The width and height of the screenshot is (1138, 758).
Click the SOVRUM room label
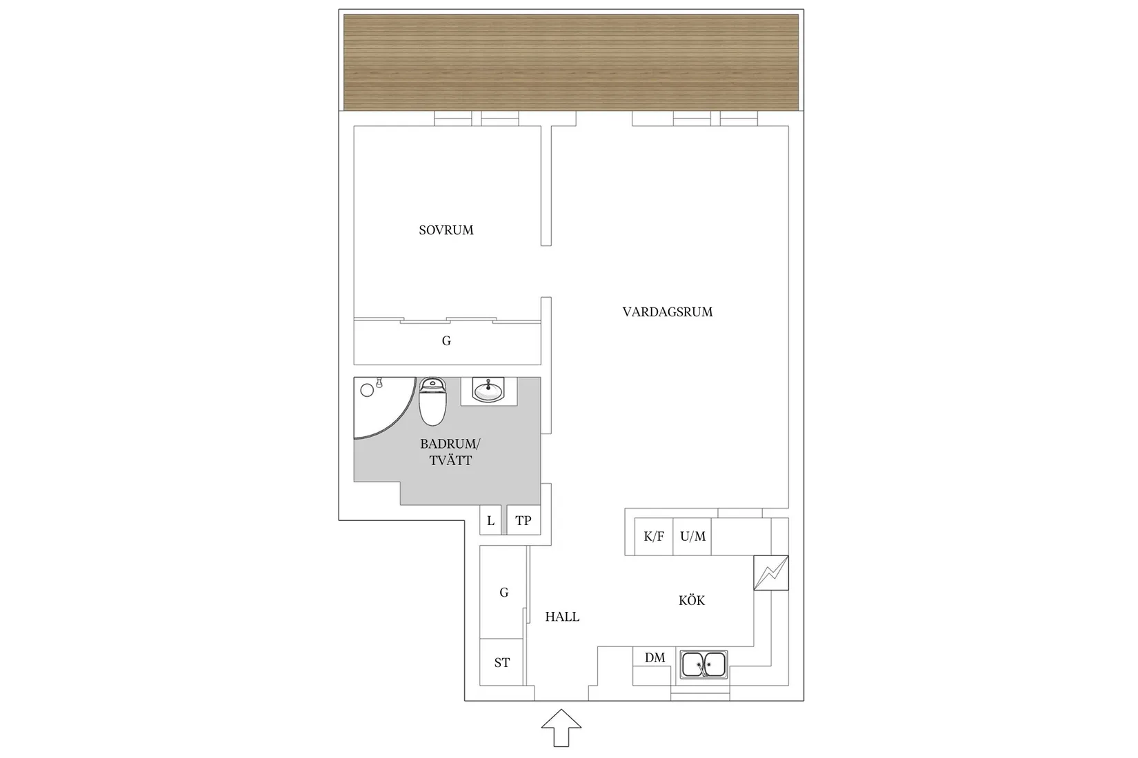pos(446,230)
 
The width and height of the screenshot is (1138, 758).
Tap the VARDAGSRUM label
pos(667,312)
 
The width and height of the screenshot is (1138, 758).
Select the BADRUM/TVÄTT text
pos(450,452)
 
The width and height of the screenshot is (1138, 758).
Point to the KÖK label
pos(692,601)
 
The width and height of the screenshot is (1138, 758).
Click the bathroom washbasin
pos(489,391)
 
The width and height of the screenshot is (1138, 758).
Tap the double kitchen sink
pos(703,665)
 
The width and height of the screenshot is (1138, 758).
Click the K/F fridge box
pos(654,536)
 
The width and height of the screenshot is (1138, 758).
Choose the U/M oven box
pos(692,536)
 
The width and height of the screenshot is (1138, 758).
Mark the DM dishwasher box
pos(655,658)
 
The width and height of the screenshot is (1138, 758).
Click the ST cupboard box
pos(502,663)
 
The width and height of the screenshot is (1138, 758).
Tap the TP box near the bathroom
pos(523,521)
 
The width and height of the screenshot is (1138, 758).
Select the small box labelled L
pos(490,521)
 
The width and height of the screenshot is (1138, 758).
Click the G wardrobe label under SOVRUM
pos(446,341)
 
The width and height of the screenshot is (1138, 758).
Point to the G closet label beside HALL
pos(504,593)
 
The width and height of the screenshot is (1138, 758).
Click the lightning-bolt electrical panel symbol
pos(770,573)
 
